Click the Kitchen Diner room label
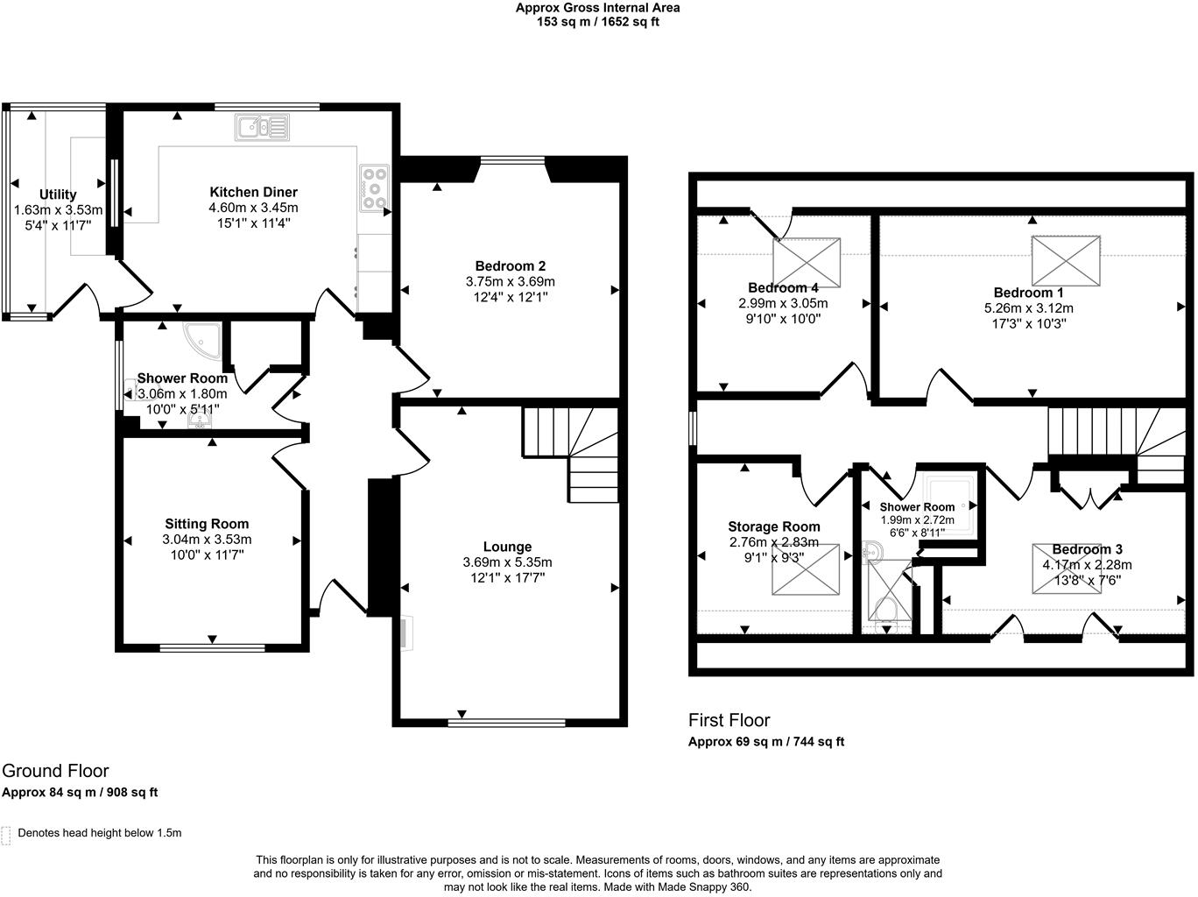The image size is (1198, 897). coord(253,192)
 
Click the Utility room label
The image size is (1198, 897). coord(58,194)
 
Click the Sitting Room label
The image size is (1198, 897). coord(207,524)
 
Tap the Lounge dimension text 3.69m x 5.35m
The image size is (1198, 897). coord(507,562)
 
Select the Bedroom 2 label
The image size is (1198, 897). coord(511,266)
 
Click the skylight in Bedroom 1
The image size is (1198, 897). coord(1065,260)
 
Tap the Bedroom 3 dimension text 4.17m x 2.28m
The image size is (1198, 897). coord(1087,565)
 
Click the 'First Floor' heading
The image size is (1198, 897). coord(729,720)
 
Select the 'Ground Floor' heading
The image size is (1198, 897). coord(55,771)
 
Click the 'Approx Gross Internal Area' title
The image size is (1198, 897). coord(597,8)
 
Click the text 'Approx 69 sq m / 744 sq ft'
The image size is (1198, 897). coord(766,742)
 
